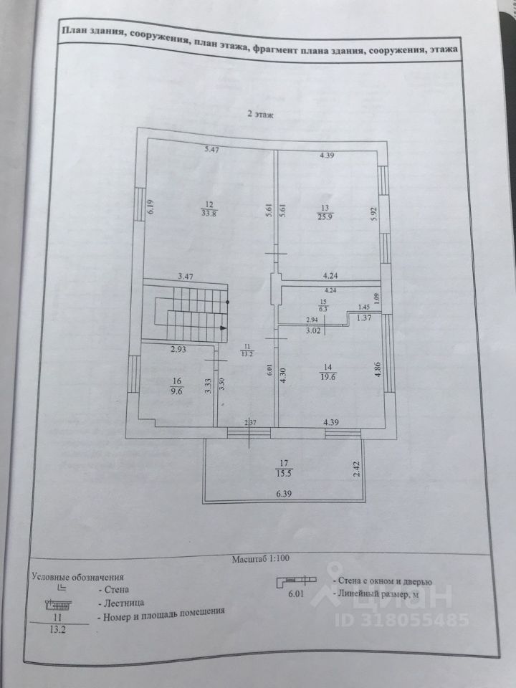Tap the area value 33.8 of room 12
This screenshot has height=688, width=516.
click(208, 212)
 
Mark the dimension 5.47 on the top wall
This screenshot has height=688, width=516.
click(212, 149)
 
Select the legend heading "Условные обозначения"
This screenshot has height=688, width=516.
click(77, 575)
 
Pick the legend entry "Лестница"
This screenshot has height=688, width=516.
click(123, 603)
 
